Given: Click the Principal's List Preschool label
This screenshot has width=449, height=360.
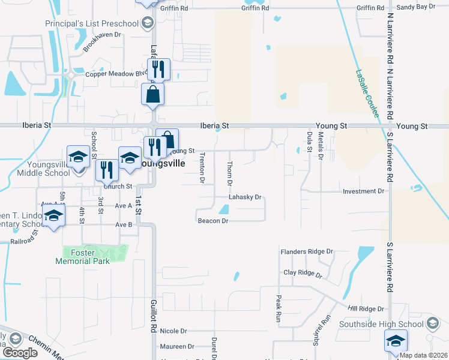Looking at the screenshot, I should click(x=92, y=23).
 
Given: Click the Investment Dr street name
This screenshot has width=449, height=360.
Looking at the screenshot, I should click(x=363, y=191).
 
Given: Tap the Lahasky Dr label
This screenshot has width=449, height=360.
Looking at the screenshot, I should click(x=245, y=197).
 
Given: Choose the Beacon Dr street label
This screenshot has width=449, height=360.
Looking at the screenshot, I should click(x=213, y=221).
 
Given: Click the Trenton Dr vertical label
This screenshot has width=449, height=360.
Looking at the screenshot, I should click(x=202, y=167).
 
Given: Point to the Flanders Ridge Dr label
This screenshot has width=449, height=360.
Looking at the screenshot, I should click(x=306, y=251).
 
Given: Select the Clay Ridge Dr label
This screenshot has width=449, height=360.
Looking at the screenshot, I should click(x=303, y=274).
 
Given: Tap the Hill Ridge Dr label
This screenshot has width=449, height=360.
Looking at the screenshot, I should click(x=366, y=308).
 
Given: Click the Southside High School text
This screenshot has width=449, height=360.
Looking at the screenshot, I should click(x=381, y=325).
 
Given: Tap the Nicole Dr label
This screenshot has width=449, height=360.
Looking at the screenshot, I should click(x=173, y=331).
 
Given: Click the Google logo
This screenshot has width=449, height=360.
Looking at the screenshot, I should click(x=20, y=352).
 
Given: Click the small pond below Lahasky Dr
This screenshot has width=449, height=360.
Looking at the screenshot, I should click(x=224, y=209).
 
